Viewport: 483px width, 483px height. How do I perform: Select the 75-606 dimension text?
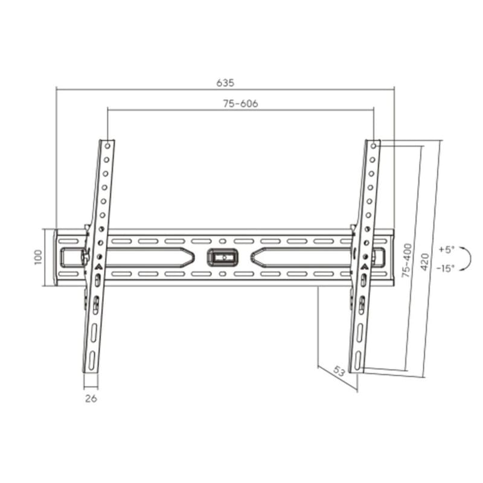(x=240, y=103)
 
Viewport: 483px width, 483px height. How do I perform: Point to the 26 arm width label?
(x=91, y=398)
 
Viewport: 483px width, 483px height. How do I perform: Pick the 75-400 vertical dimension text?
(x=408, y=260)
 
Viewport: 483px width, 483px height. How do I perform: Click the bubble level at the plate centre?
(x=223, y=257)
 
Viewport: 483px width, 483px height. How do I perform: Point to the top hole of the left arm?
(x=107, y=146)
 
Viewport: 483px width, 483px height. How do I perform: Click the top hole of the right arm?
(x=374, y=146)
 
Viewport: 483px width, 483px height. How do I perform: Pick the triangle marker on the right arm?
(x=365, y=264)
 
